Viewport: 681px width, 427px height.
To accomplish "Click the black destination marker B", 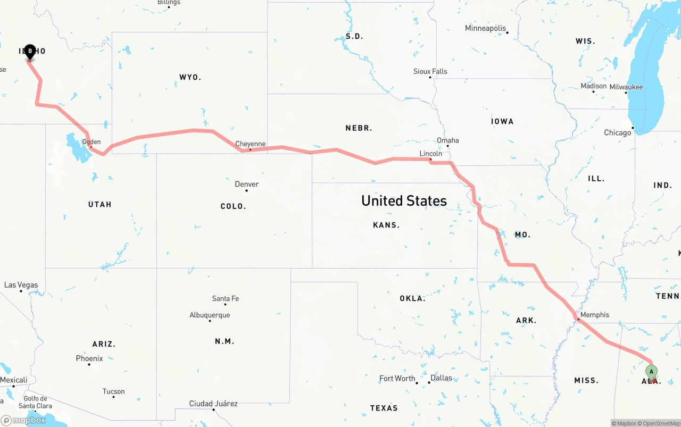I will click(30, 52).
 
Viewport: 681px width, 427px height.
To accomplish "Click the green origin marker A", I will click(651, 372).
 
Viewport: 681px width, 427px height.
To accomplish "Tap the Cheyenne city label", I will click(251, 144).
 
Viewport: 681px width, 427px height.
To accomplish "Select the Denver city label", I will click(247, 185).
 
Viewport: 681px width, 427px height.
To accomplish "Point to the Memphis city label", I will click(594, 315).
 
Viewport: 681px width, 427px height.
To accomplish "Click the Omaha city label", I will click(447, 140).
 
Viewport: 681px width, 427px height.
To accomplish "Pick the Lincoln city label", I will click(430, 154).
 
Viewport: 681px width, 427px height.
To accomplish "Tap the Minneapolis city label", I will click(485, 28).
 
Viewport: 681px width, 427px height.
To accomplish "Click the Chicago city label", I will click(617, 132).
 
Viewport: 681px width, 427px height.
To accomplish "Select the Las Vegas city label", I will click(21, 285).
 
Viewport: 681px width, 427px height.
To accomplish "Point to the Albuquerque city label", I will click(210, 315).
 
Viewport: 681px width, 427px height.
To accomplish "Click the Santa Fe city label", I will click(225, 299).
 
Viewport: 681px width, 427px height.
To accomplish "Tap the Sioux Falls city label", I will click(430, 71).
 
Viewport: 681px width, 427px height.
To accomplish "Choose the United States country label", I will click(404, 200).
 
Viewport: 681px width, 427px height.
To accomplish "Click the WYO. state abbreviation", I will click(190, 78).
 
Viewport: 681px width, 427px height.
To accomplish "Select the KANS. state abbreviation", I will click(386, 225).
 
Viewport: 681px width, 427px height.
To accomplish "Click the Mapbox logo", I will click(23, 421).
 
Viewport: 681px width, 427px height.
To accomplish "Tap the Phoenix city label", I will click(89, 358).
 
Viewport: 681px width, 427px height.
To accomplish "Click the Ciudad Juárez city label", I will click(213, 404).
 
